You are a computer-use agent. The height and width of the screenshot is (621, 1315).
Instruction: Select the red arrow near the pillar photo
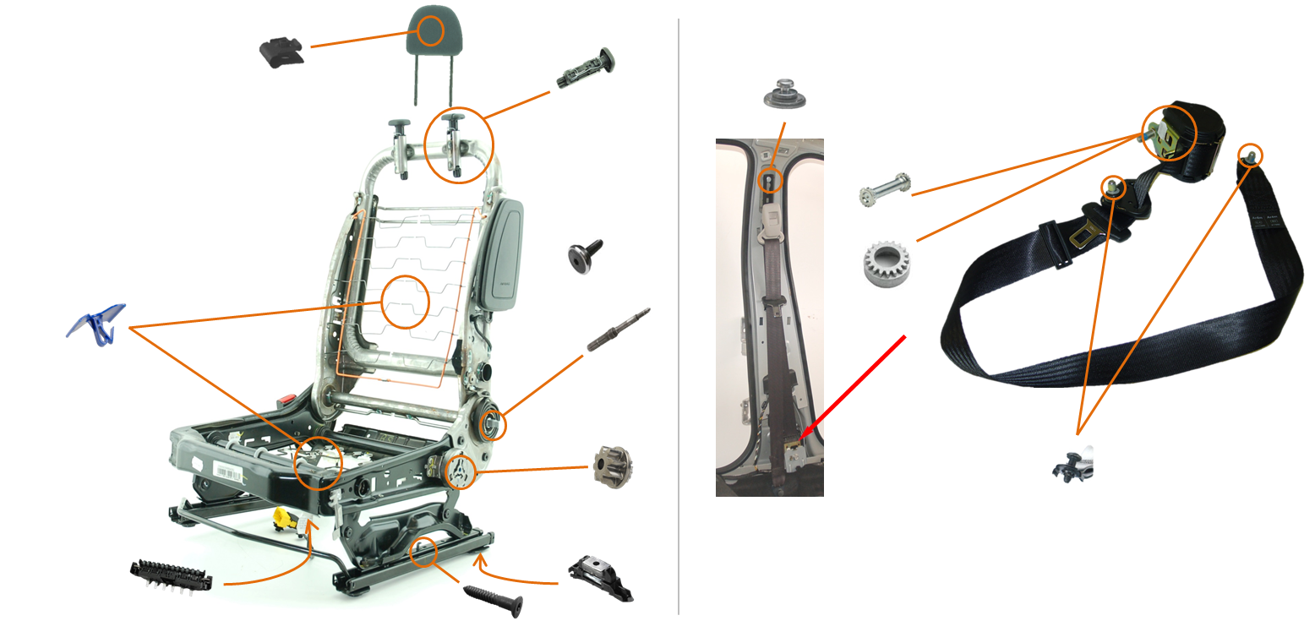tap(852, 387)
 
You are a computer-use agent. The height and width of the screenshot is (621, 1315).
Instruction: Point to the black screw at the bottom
tap(494, 601)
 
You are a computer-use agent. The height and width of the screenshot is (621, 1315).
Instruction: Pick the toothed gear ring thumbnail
tap(886, 269)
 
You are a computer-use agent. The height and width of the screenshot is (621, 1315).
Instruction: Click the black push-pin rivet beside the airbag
tap(586, 254)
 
